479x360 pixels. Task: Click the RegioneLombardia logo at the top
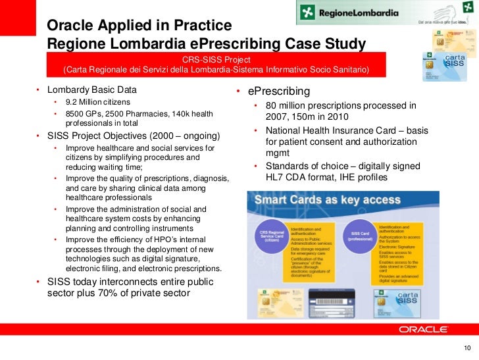(x=351, y=12)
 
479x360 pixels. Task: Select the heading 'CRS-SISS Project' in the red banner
(x=215, y=59)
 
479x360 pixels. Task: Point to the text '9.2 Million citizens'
(x=98, y=103)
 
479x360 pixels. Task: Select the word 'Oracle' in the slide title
(x=70, y=26)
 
